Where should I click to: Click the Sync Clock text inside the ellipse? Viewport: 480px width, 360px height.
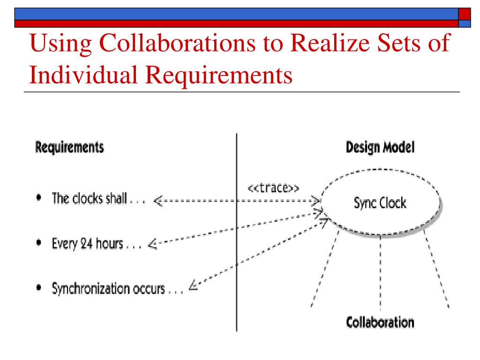click(380, 204)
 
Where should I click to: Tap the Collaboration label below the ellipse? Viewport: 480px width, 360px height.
click(380, 322)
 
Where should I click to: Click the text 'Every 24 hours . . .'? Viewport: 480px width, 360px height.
click(96, 244)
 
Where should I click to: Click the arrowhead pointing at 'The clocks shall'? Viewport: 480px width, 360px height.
click(158, 202)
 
